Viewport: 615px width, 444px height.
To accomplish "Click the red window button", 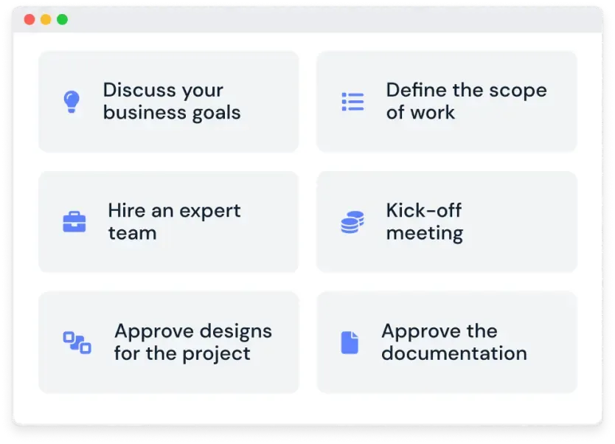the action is (x=29, y=19).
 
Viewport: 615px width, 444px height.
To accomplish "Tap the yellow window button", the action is (x=46, y=19).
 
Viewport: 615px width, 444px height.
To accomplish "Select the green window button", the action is (x=63, y=19).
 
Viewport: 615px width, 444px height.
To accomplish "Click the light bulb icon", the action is (x=72, y=102).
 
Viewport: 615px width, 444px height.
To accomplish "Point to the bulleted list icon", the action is (x=352, y=102).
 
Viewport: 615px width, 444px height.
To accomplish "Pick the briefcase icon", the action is (x=74, y=222).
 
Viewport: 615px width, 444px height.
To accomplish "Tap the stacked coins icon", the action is (x=352, y=222).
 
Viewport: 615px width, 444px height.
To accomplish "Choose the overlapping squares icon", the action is (x=77, y=342).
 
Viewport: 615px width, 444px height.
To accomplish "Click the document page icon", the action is (x=350, y=342).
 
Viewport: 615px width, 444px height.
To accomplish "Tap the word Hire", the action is (x=126, y=210).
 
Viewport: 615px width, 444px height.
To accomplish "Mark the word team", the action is (x=133, y=233).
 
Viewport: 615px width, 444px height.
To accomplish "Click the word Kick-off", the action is (x=423, y=210).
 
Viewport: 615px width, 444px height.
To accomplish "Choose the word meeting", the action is (x=425, y=234).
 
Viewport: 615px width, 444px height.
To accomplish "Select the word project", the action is (x=216, y=355).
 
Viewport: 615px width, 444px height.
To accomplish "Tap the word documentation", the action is (x=454, y=353).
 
